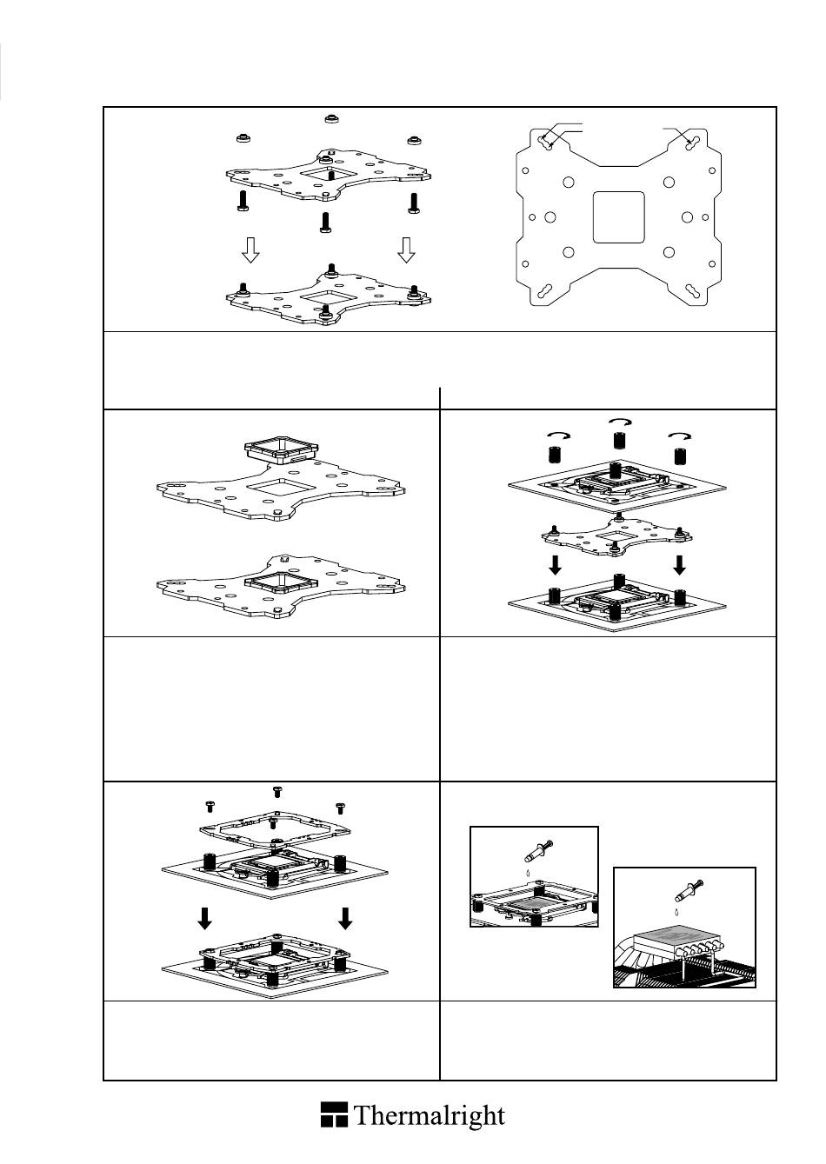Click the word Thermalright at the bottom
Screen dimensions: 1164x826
pyautogui.click(x=430, y=1115)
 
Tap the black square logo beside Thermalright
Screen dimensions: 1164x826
pyautogui.click(x=334, y=1114)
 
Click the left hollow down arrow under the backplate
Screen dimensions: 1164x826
pyautogui.click(x=250, y=250)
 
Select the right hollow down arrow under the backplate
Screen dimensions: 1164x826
pyautogui.click(x=406, y=250)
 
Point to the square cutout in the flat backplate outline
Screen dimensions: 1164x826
pyautogui.click(x=618, y=217)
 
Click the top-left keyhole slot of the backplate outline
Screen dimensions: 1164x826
pyautogui.click(x=546, y=142)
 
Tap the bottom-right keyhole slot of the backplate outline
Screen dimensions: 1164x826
pyautogui.click(x=693, y=292)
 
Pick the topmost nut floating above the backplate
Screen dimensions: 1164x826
pyautogui.click(x=330, y=118)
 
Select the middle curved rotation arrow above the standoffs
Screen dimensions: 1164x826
pyautogui.click(x=618, y=422)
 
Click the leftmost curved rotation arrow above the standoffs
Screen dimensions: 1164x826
pyautogui.click(x=551, y=435)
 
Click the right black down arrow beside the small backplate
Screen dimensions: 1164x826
pyautogui.click(x=679, y=565)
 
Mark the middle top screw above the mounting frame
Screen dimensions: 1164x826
pyautogui.click(x=277, y=791)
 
